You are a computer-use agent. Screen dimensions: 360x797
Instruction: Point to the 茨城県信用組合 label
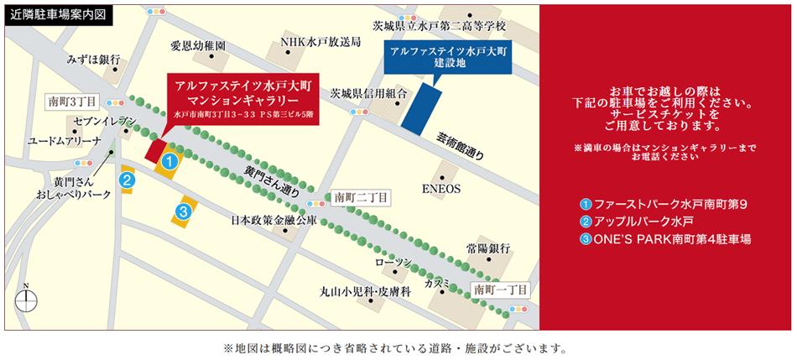[x=368, y=93]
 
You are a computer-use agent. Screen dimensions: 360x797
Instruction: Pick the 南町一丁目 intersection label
[x=501, y=289]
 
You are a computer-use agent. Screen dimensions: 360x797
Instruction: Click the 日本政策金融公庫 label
[x=273, y=222]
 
